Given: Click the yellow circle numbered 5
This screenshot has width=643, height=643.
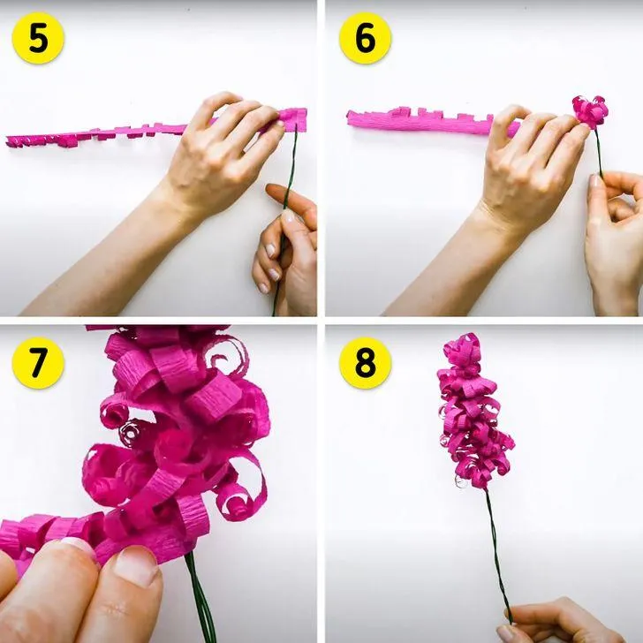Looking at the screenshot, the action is [38, 38].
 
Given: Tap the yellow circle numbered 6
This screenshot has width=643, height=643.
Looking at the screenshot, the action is [365, 38].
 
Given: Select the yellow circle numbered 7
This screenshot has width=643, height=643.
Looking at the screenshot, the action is [38, 363].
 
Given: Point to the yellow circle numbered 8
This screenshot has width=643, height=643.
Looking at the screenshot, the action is [365, 363].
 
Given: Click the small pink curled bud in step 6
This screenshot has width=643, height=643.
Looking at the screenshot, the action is [590, 111].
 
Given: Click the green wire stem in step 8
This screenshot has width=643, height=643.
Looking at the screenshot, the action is [498, 554].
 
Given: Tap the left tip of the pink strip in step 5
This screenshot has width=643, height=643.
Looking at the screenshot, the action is [7, 142].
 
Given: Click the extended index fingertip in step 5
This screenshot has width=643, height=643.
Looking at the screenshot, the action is [271, 190].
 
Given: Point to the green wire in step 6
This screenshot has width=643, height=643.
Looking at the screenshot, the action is [599, 152].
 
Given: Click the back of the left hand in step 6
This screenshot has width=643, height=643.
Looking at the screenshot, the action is [529, 172].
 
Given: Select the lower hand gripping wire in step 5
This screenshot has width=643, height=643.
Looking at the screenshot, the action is [287, 254].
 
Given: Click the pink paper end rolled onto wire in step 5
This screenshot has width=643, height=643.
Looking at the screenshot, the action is [293, 119].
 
